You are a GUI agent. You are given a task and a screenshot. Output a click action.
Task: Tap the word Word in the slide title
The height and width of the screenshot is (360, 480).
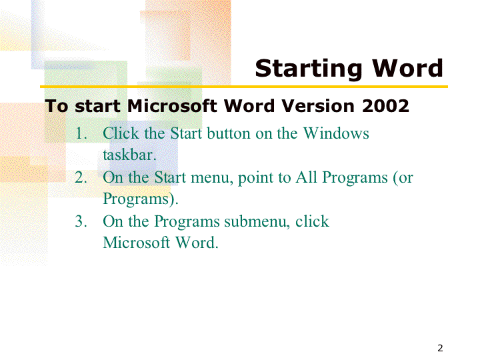[407, 67]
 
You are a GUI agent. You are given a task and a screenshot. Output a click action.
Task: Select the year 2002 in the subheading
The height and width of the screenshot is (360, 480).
[385, 106]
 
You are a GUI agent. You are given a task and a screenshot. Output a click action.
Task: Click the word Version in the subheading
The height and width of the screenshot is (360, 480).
[318, 106]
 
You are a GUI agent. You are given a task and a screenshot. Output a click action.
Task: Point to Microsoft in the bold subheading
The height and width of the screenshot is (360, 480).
[172, 106]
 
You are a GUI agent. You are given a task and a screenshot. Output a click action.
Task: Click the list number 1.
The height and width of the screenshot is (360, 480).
[81, 133]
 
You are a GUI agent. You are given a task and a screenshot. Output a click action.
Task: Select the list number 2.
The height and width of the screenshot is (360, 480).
[81, 177]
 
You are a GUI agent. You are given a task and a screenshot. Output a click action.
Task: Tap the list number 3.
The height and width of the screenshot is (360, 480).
[81, 221]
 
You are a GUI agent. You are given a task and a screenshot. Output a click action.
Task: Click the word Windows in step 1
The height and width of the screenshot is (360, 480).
[336, 133]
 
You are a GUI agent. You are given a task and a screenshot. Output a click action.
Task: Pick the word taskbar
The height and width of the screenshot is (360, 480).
[129, 155]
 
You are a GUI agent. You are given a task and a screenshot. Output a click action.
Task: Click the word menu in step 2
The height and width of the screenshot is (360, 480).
[210, 177]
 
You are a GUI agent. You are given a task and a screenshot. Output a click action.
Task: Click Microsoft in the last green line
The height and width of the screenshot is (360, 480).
[136, 243]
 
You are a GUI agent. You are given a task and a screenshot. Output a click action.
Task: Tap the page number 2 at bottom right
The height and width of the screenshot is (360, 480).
[440, 348]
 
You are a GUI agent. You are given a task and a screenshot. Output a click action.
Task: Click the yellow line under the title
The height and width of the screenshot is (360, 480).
[244, 87]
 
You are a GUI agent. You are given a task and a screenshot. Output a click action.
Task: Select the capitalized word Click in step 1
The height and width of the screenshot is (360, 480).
[121, 133]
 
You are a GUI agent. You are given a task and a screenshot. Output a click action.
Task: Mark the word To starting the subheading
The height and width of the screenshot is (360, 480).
[56, 106]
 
